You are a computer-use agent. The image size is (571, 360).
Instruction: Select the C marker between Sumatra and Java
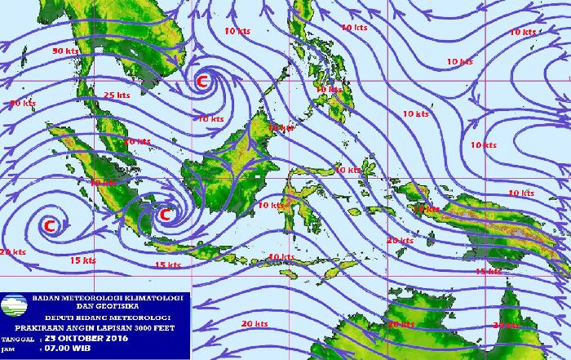[165, 215]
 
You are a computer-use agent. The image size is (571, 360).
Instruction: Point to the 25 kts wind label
[117, 96]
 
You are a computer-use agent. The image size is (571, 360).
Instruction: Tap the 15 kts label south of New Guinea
[488, 270]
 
